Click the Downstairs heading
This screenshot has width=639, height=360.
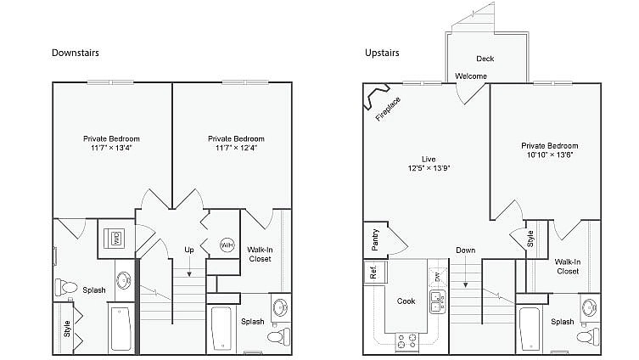point(76,53)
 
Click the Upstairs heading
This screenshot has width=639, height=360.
point(382,53)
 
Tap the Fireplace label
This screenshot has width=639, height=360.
point(388,110)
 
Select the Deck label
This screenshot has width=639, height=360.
point(485,59)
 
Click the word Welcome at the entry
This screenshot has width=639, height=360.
point(471,76)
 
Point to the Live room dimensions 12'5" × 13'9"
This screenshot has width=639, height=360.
point(429,168)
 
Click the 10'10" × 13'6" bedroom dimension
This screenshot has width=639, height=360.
point(549,155)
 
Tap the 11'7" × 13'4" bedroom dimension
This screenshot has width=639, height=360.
point(111,148)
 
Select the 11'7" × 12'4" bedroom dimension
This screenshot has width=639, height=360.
point(236,148)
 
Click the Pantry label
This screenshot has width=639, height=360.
point(375,239)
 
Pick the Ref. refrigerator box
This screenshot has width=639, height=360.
point(373,273)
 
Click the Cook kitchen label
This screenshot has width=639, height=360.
point(406,301)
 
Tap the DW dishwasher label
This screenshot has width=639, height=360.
point(437,276)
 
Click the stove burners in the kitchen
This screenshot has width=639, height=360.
point(406,341)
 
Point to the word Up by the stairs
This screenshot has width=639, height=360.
point(189,250)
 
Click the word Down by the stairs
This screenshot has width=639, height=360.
point(465,250)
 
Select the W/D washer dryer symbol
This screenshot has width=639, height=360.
point(116,237)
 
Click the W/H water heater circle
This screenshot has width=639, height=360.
point(227,245)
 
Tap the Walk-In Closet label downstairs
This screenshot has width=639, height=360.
point(260,254)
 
